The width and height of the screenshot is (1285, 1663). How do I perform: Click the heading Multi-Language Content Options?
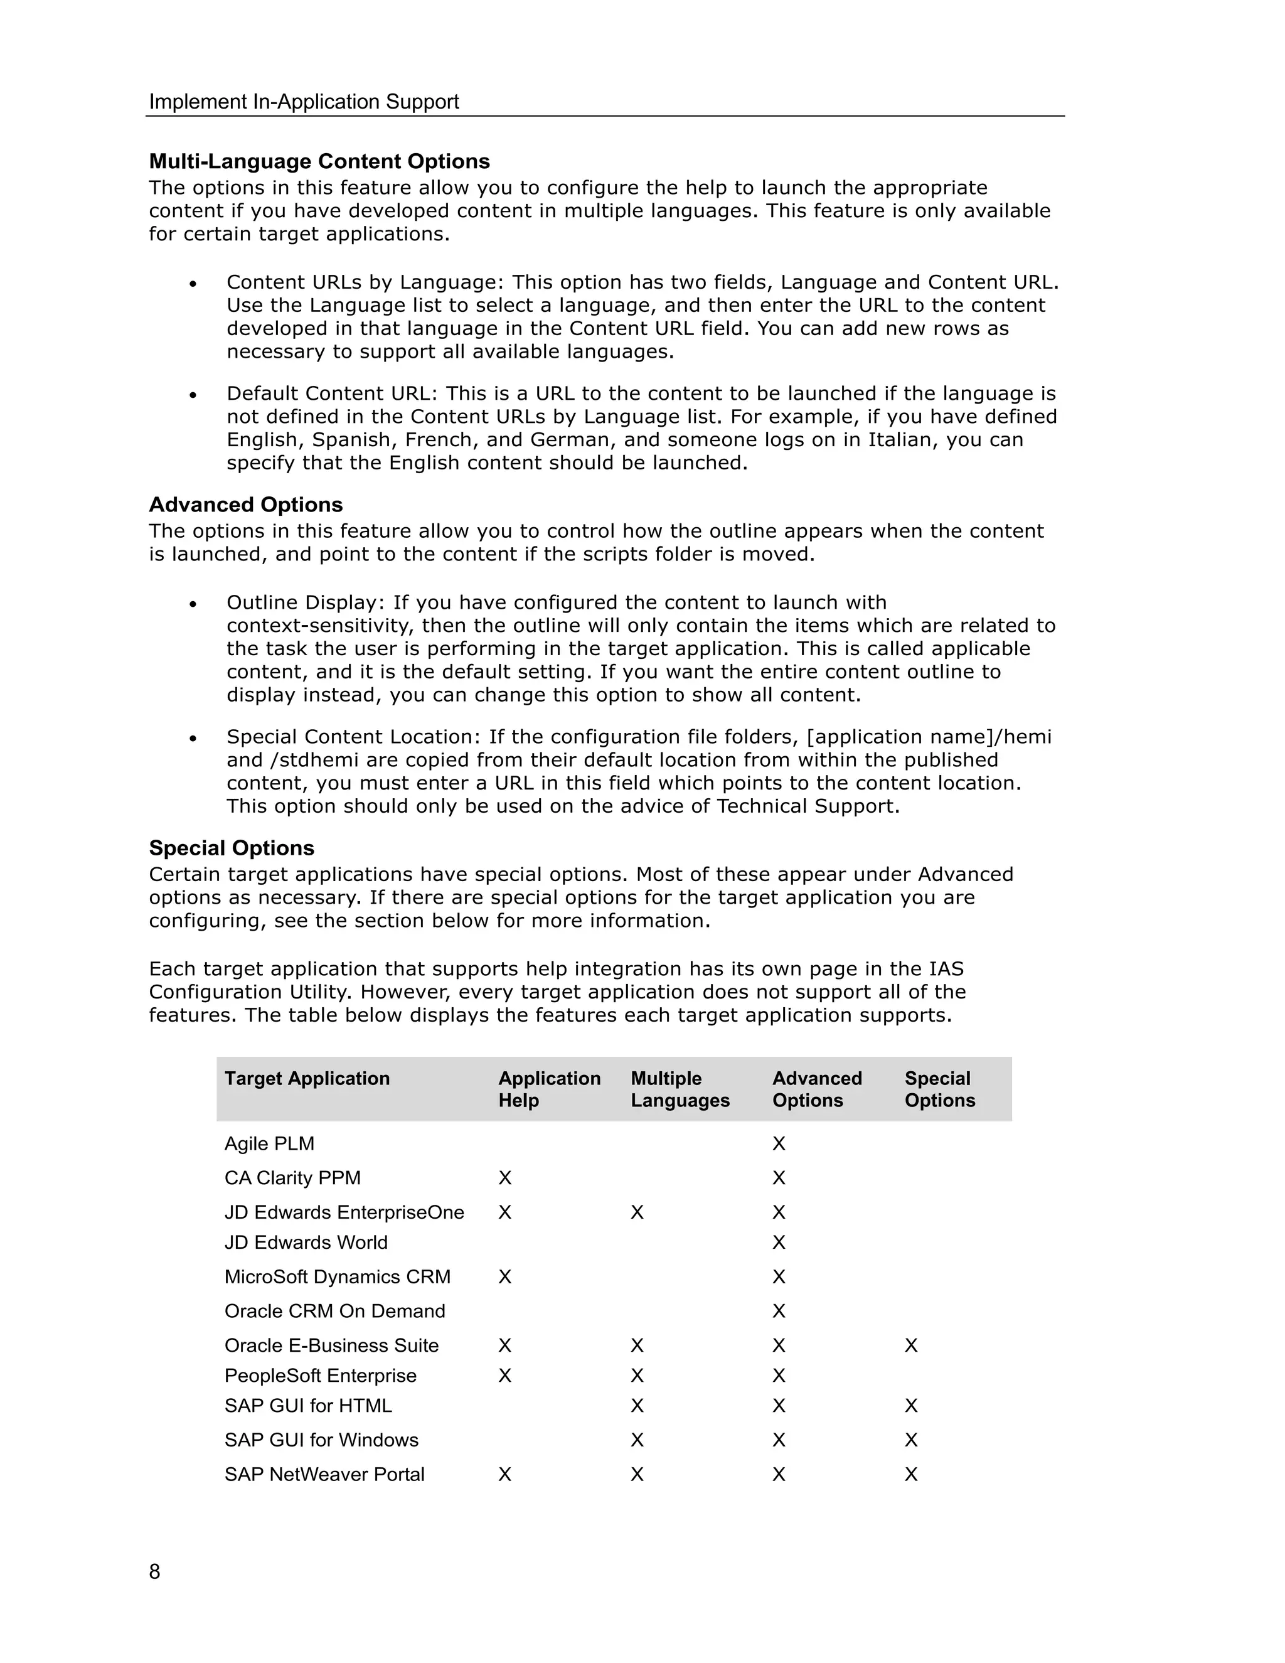click(x=319, y=161)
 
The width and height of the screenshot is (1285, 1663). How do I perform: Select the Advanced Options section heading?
click(x=245, y=505)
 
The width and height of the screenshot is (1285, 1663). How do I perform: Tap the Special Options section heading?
click(x=232, y=848)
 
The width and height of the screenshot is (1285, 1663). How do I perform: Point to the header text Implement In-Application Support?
click(x=304, y=102)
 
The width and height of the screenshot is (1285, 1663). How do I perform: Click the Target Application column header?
click(x=307, y=1078)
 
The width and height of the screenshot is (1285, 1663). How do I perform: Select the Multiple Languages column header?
click(x=680, y=1089)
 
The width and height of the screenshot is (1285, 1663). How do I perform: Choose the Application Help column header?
click(x=549, y=1089)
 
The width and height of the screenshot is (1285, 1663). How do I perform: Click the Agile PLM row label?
click(x=269, y=1143)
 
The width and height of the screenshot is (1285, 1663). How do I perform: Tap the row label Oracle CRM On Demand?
click(x=334, y=1311)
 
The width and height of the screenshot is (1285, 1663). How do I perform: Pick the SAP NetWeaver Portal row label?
click(x=324, y=1474)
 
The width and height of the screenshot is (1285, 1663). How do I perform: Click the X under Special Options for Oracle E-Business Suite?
click(x=911, y=1345)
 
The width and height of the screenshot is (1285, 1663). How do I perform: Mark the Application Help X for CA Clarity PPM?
click(x=504, y=1178)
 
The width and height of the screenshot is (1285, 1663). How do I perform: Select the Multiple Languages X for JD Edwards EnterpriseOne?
click(x=637, y=1212)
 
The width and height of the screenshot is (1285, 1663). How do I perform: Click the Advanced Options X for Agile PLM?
click(x=779, y=1143)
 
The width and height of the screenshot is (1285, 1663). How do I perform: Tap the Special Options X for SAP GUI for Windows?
click(x=911, y=1440)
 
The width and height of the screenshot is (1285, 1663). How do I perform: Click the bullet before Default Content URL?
click(x=193, y=395)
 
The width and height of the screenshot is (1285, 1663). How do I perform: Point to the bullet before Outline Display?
click(x=193, y=604)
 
